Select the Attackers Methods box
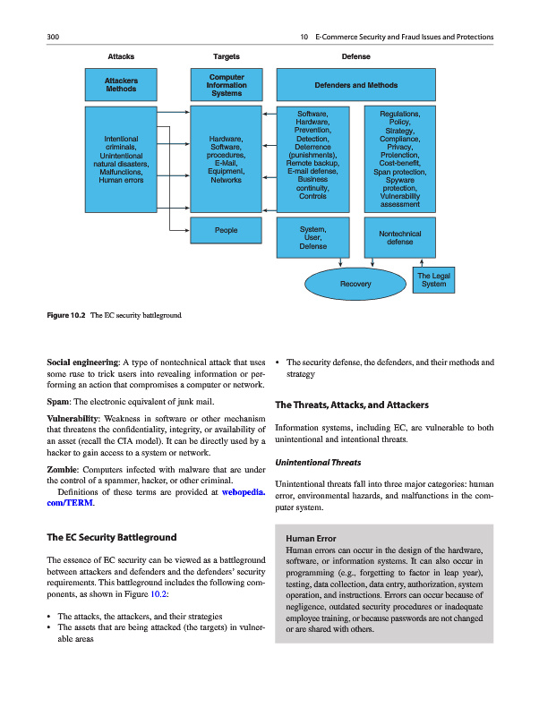coord(121,85)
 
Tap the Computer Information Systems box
coord(227,85)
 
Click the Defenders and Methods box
coord(356,85)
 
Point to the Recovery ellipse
coord(355,284)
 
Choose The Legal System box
coord(433,280)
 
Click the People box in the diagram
coord(227,230)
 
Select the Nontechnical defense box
coord(399,237)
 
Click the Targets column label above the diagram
coord(227,55)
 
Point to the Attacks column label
coord(121,55)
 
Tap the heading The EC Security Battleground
coord(111,537)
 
